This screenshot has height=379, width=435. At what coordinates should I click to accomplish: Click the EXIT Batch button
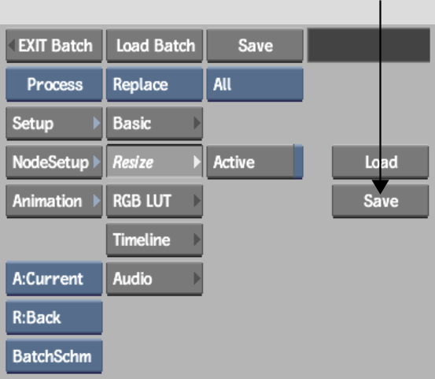pyautogui.click(x=54, y=46)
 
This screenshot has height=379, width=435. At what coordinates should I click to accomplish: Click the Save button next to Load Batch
pyautogui.click(x=255, y=46)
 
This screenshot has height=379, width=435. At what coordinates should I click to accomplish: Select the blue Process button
pyautogui.click(x=54, y=84)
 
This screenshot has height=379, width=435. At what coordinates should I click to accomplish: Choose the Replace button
pyautogui.click(x=154, y=84)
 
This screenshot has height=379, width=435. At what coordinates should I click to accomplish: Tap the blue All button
pyautogui.click(x=255, y=84)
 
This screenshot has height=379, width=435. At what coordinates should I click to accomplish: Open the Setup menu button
pyautogui.click(x=54, y=124)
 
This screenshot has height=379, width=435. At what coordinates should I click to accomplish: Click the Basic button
pyautogui.click(x=154, y=124)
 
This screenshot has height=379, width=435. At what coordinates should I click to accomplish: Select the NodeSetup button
pyautogui.click(x=54, y=162)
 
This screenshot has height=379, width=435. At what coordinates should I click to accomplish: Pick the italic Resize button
pyautogui.click(x=154, y=162)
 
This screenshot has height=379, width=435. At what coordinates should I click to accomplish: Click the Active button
pyautogui.click(x=255, y=162)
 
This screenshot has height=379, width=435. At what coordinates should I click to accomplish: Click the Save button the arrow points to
pyautogui.click(x=381, y=201)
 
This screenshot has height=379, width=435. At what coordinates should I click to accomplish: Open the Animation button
pyautogui.click(x=54, y=201)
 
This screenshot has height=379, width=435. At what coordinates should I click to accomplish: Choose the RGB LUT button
pyautogui.click(x=154, y=201)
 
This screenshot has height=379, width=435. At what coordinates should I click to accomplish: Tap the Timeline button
pyautogui.click(x=154, y=240)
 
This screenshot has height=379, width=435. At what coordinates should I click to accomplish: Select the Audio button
pyautogui.click(x=154, y=279)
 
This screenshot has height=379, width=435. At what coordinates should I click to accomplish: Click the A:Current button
pyautogui.click(x=54, y=279)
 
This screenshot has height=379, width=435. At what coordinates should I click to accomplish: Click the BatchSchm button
pyautogui.click(x=54, y=356)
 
